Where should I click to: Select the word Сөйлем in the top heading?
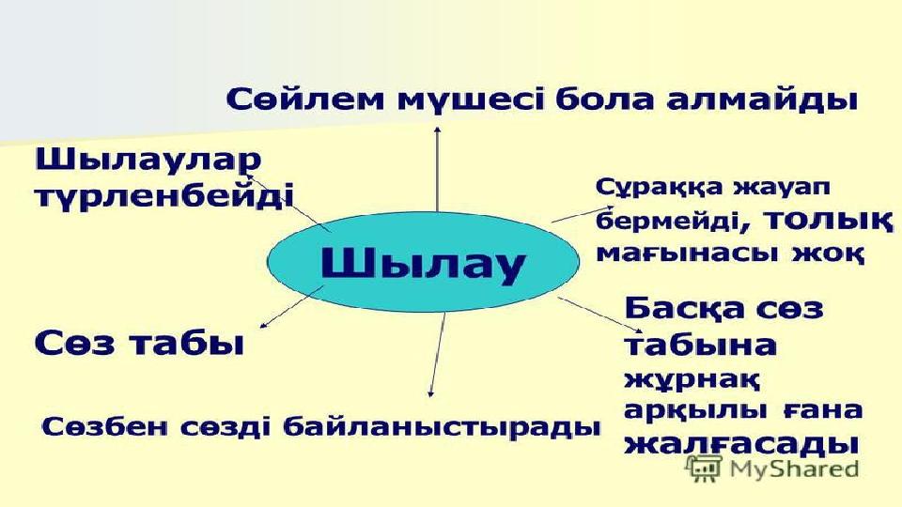pos(304,100)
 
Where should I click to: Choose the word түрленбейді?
pos(164,196)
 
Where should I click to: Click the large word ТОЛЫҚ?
pos(830,222)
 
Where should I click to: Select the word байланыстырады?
pos(443,428)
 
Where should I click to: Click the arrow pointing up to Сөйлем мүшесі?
pos(438,169)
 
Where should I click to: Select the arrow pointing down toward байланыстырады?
pos(437,354)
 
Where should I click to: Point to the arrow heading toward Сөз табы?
pos(292,307)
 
